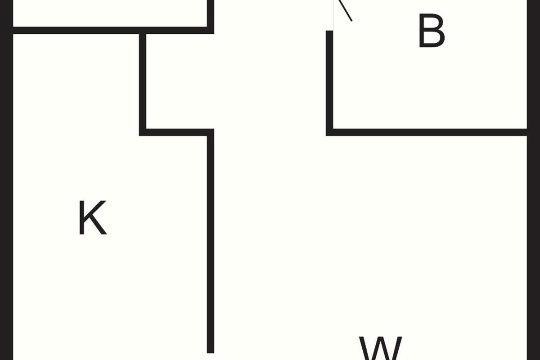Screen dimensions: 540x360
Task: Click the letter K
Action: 93,217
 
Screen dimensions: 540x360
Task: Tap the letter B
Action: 432,31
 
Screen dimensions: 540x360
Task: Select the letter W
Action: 380,348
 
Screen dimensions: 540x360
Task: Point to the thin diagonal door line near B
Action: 345,10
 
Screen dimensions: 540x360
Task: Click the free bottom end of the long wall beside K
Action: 211,353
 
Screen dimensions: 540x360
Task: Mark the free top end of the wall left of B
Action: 329,31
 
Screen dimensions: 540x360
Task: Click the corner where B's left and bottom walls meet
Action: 329,132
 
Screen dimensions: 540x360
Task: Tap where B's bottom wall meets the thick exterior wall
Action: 527,132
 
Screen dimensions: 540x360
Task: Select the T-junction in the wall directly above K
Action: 143,31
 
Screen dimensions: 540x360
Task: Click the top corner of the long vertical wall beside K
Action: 211,132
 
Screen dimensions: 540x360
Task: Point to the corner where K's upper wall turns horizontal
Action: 143,132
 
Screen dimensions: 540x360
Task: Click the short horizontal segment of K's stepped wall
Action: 176,132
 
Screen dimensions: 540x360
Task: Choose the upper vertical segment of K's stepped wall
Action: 143,81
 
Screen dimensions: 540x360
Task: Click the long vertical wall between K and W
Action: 211,241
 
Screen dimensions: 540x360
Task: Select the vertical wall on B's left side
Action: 329,83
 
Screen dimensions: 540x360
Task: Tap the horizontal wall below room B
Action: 427,132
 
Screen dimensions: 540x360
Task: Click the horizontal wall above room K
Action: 113,31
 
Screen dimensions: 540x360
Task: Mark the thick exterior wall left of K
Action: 6,180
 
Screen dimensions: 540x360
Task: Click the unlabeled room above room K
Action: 110,13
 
